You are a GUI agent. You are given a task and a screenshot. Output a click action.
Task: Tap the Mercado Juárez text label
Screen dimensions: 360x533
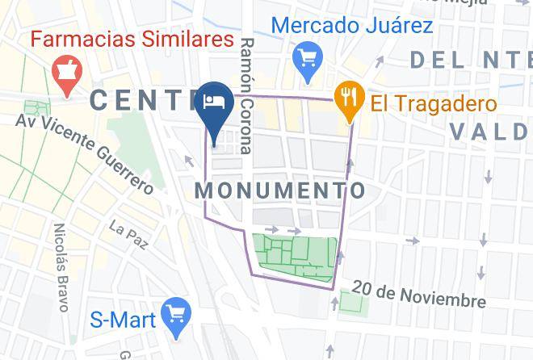352,25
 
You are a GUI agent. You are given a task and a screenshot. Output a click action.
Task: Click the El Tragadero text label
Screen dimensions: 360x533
434,103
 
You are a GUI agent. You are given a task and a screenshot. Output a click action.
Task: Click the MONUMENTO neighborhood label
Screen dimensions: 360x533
280,190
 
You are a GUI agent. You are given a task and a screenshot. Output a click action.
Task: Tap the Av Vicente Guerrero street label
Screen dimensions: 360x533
85,153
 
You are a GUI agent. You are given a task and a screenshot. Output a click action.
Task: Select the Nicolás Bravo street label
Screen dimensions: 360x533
62,266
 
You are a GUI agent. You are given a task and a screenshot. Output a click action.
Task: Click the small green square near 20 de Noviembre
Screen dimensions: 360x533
353,303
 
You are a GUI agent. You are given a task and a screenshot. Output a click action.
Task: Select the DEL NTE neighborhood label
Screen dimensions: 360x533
471,60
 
